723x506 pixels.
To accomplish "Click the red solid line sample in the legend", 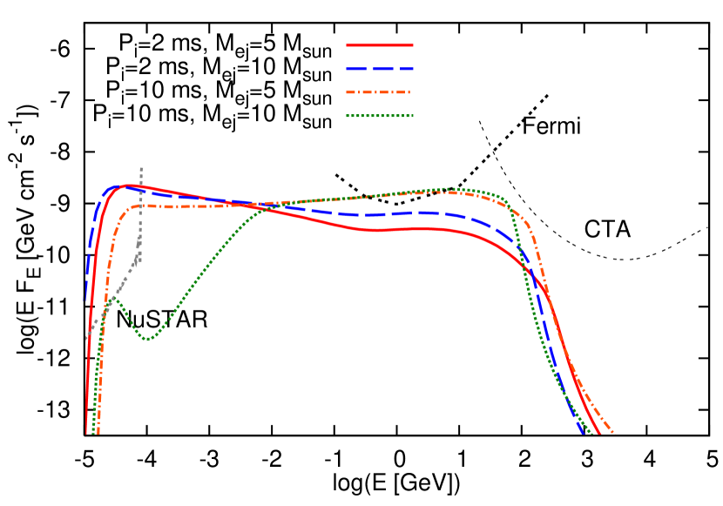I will pyautogui.click(x=380, y=44).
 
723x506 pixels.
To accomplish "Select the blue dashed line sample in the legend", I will pyautogui.click(x=380, y=68).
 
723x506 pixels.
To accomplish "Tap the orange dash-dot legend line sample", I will pyautogui.click(x=380, y=91).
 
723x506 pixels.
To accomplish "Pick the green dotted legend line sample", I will pyautogui.click(x=380, y=115).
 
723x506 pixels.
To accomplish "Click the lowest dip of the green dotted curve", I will pyautogui.click(x=148, y=339).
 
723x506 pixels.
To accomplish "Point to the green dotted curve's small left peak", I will pyautogui.click(x=112, y=298).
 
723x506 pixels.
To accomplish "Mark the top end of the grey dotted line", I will pyautogui.click(x=141, y=167).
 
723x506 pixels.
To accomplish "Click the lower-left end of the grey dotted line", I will pyautogui.click(x=87, y=338).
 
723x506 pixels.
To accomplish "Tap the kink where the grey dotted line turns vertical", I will pyautogui.click(x=139, y=253).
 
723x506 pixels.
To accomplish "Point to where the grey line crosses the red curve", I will pyautogui.click(x=141, y=186).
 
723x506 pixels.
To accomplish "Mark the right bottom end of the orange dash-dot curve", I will pyautogui.click(x=614, y=432).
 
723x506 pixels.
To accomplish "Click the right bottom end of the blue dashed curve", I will pyautogui.click(x=584, y=432).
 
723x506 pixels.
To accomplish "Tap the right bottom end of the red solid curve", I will pyautogui.click(x=599, y=432).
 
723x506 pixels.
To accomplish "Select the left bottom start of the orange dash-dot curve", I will pyautogui.click(x=98, y=432).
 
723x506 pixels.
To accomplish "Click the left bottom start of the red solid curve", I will pyautogui.click(x=87, y=432).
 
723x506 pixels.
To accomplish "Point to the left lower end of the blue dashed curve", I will pyautogui.click(x=85, y=300).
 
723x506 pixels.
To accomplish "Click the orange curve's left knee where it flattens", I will pyautogui.click(x=131, y=208).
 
